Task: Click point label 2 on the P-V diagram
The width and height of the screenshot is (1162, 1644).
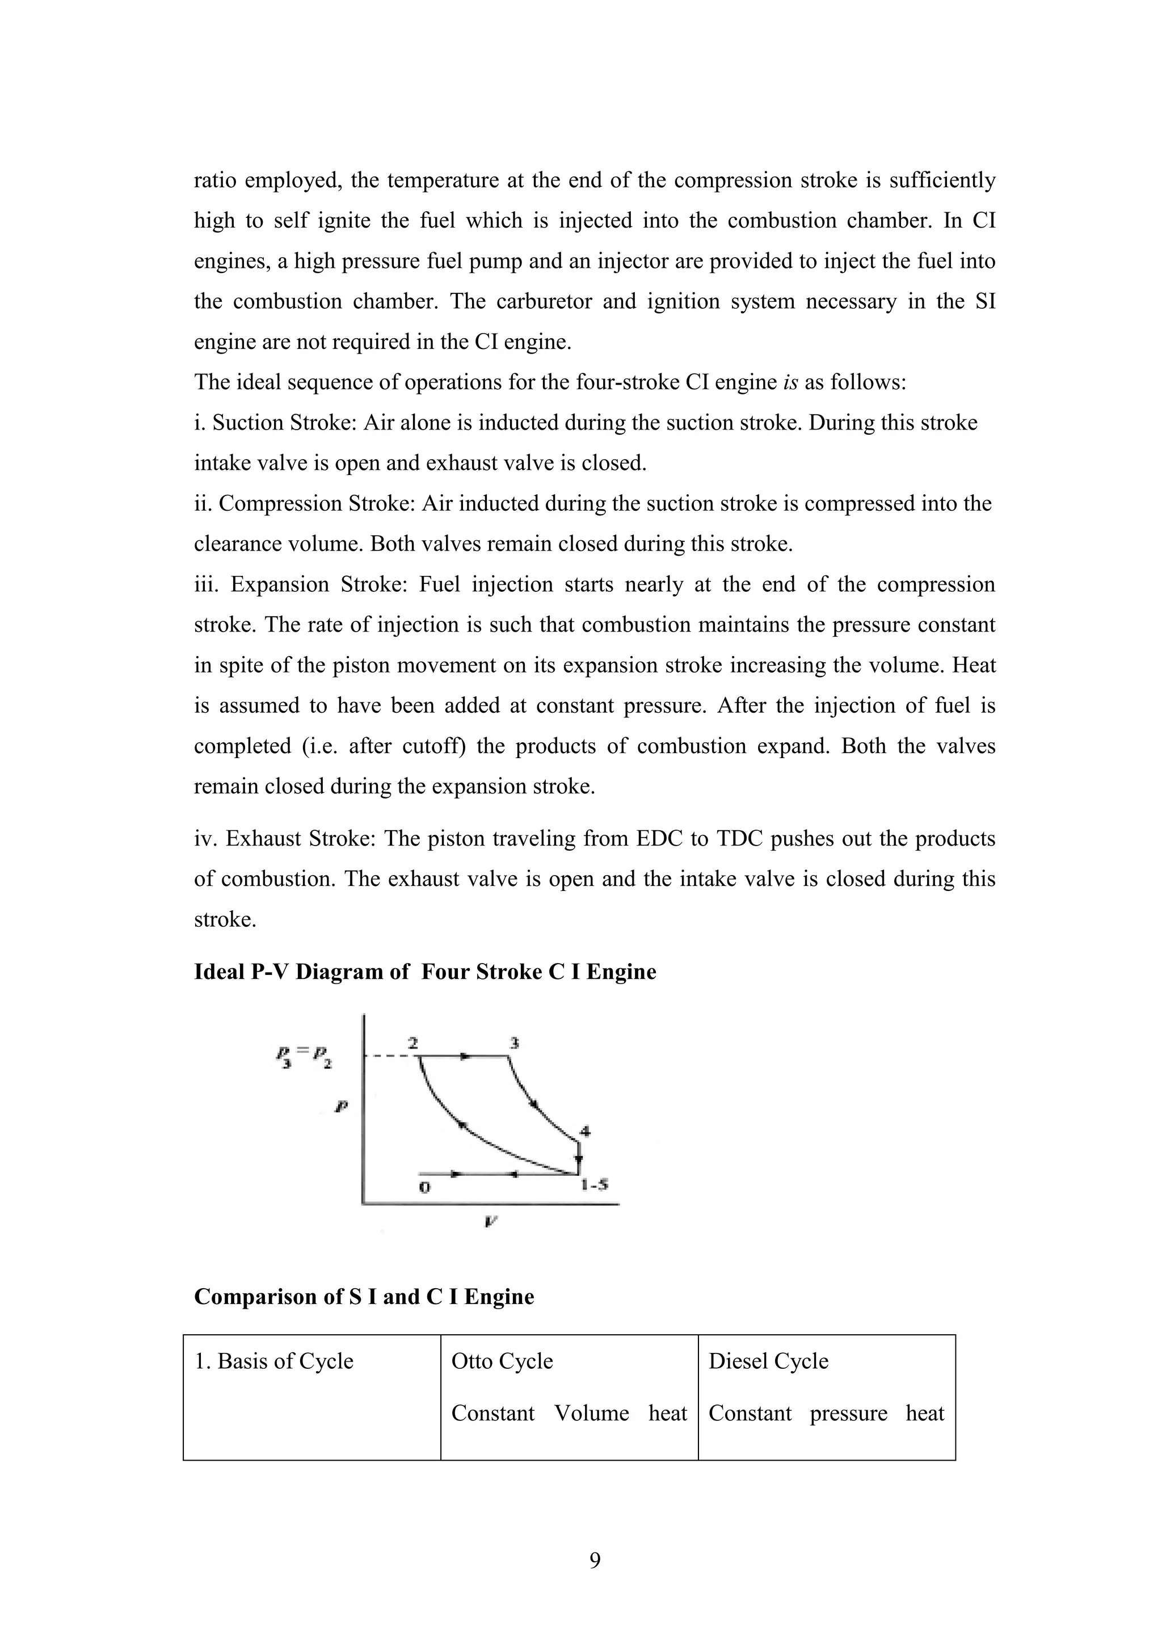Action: click(413, 1043)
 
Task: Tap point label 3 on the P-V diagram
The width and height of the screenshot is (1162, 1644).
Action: click(513, 1043)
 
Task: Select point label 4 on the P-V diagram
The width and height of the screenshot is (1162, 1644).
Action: click(585, 1132)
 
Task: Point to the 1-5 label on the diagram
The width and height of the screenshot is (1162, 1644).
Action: click(594, 1185)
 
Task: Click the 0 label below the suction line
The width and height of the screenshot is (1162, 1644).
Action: click(424, 1188)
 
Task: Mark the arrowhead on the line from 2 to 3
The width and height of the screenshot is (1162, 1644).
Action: click(465, 1056)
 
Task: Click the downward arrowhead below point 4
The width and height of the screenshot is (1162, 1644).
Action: click(579, 1159)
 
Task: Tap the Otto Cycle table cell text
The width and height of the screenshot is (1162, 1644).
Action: click(502, 1361)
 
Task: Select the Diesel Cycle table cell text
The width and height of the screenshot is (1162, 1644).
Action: click(768, 1361)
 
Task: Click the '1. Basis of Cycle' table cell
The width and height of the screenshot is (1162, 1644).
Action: click(274, 1361)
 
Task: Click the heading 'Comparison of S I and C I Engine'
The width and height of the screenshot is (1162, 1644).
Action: click(364, 1297)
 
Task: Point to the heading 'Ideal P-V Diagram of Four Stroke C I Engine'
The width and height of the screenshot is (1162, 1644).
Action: click(424, 972)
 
